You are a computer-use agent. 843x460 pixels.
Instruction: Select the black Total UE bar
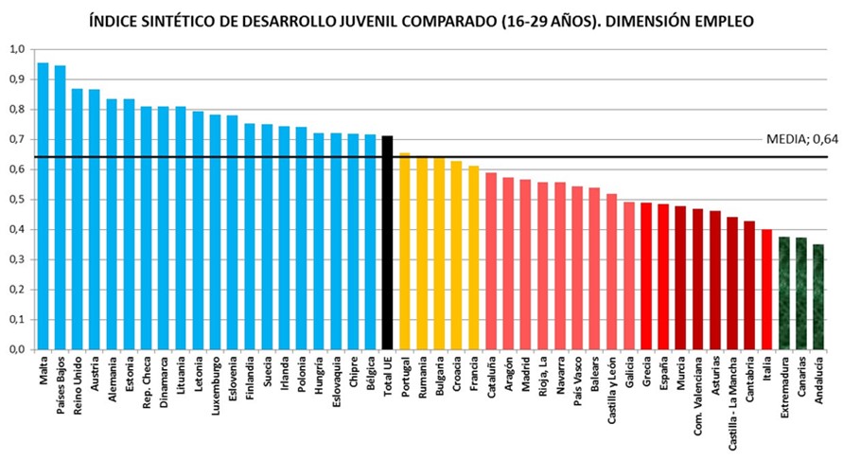[x=387, y=242]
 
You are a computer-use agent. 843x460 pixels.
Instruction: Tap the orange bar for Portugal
[x=405, y=251]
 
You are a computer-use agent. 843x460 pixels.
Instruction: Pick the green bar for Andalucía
[x=818, y=296]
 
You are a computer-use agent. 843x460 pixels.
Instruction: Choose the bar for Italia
[x=766, y=289]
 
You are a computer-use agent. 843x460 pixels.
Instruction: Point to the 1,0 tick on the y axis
[x=18, y=49]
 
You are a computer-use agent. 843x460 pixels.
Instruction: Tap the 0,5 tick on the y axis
[x=18, y=200]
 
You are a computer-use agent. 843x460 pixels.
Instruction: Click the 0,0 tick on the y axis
[x=18, y=349]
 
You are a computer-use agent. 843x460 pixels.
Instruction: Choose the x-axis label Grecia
[x=646, y=374]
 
